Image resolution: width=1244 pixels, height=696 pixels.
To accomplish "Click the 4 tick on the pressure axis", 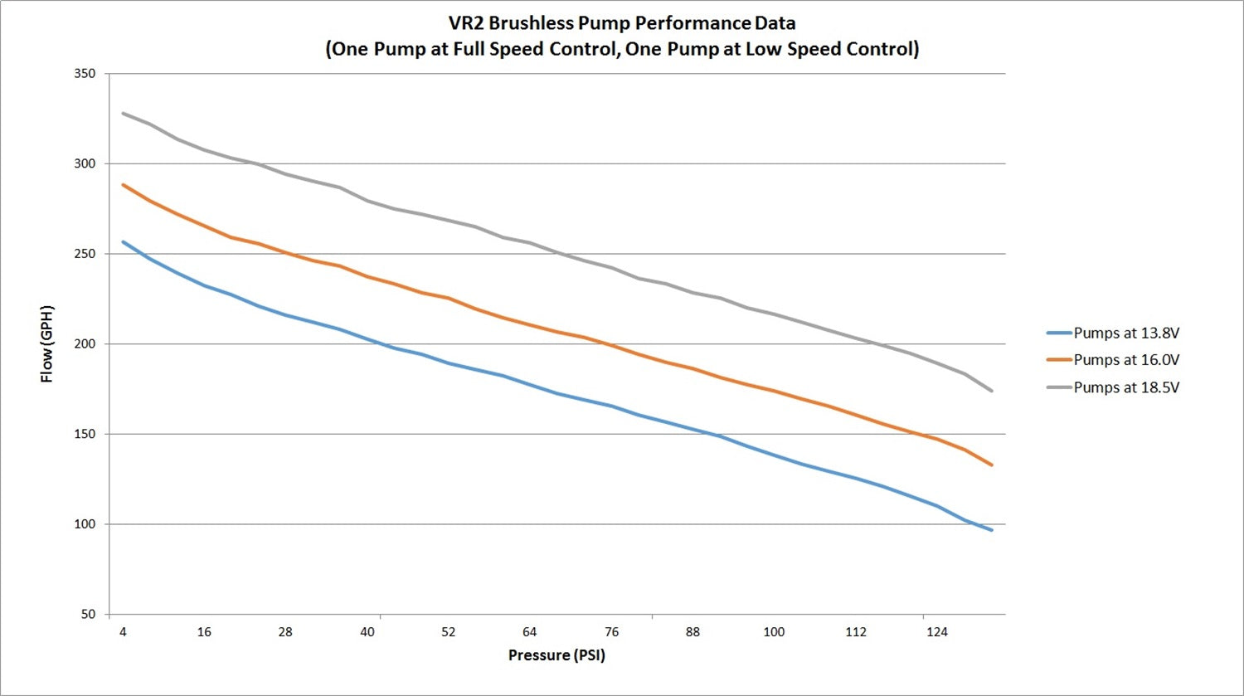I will [123, 632].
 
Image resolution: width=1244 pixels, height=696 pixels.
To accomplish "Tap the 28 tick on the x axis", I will [285, 632].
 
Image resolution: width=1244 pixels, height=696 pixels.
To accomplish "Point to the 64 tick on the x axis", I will [529, 632].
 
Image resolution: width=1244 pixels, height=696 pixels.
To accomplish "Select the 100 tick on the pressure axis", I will [774, 632].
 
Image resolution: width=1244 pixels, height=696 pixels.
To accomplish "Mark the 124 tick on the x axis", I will [936, 632].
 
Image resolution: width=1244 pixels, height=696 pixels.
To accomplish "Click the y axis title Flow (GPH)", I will [47, 343].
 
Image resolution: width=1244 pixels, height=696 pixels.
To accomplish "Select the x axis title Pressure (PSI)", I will [556, 655].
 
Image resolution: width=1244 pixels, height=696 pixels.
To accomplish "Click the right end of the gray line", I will [992, 391].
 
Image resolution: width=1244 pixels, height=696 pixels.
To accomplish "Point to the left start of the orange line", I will [123, 184].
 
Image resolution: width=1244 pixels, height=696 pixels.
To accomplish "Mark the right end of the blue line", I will [992, 529].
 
